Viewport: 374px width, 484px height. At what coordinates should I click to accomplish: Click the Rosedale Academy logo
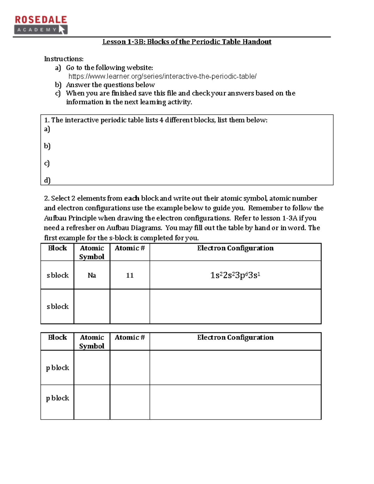[41, 25]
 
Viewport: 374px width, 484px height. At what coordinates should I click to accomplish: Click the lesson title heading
[187, 42]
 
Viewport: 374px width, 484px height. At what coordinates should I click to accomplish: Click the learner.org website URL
[162, 76]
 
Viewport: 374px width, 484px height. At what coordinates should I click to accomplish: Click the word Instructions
[64, 59]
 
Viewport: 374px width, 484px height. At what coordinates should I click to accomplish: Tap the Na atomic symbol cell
[92, 275]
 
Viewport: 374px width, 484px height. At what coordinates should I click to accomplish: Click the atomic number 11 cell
[130, 275]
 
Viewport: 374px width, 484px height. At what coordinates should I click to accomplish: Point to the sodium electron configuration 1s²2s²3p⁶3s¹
[235, 275]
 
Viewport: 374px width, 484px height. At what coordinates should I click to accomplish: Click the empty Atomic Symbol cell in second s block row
[92, 306]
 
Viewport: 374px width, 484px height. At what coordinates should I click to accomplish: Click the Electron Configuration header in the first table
[235, 248]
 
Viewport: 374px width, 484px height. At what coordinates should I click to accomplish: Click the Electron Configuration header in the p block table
[235, 338]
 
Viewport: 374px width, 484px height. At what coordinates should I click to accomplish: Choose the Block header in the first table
[57, 248]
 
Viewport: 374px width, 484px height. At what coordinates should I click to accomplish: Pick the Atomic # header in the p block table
[130, 338]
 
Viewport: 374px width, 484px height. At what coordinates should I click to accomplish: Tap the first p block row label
[57, 368]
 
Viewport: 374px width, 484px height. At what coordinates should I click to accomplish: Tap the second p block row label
[57, 398]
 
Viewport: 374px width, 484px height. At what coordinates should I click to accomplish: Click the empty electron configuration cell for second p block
[235, 402]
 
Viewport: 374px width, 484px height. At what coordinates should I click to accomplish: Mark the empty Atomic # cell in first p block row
[130, 368]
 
